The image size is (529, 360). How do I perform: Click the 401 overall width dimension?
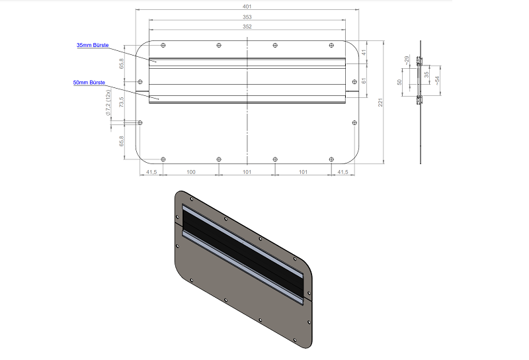[x=247, y=7]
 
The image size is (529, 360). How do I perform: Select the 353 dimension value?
[x=247, y=17]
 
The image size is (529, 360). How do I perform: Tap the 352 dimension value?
[x=247, y=26]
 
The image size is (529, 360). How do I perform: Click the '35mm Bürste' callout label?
[x=93, y=45]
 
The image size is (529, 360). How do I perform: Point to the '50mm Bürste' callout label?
[x=89, y=83]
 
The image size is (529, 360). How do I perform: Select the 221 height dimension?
[x=380, y=103]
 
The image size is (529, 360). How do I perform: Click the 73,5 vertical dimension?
[x=122, y=102]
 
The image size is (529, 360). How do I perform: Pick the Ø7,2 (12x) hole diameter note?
[x=108, y=103]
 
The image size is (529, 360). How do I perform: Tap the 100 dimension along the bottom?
[x=191, y=172]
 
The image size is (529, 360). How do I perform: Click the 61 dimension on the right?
[x=364, y=81]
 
